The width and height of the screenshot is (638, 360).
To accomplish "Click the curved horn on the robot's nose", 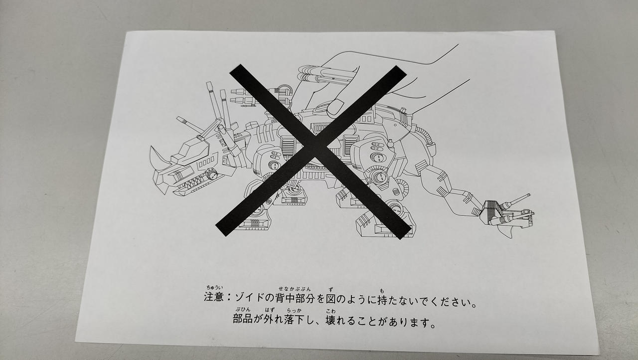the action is (159, 158).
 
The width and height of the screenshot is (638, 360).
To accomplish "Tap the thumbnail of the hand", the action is (336, 107).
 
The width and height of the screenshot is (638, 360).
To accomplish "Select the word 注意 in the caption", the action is (214, 297).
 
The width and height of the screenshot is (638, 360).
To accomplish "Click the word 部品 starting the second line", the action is (243, 318).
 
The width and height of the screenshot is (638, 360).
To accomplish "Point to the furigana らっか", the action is (294, 310).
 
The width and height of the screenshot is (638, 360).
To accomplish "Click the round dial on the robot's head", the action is (211, 174).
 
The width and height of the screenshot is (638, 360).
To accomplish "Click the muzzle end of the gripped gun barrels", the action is (303, 73).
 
